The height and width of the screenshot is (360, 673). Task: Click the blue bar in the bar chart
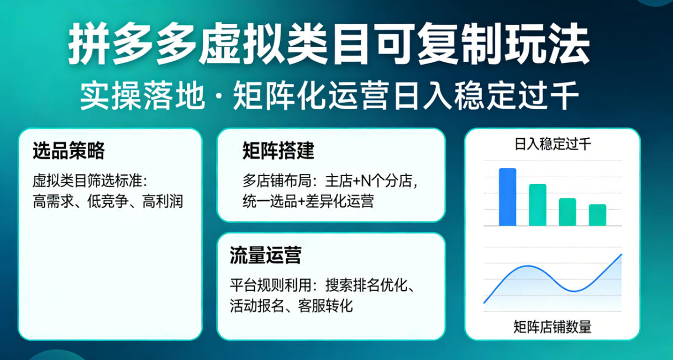point(507,197)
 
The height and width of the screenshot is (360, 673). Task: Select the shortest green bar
point(597,215)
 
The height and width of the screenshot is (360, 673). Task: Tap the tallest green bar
point(538,205)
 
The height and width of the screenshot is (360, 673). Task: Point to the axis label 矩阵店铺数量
point(552,327)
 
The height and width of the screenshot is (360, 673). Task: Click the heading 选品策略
point(69,151)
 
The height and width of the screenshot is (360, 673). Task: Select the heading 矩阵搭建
point(278,151)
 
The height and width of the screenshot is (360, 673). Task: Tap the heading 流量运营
point(265,256)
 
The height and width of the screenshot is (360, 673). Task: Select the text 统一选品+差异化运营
point(308,201)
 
